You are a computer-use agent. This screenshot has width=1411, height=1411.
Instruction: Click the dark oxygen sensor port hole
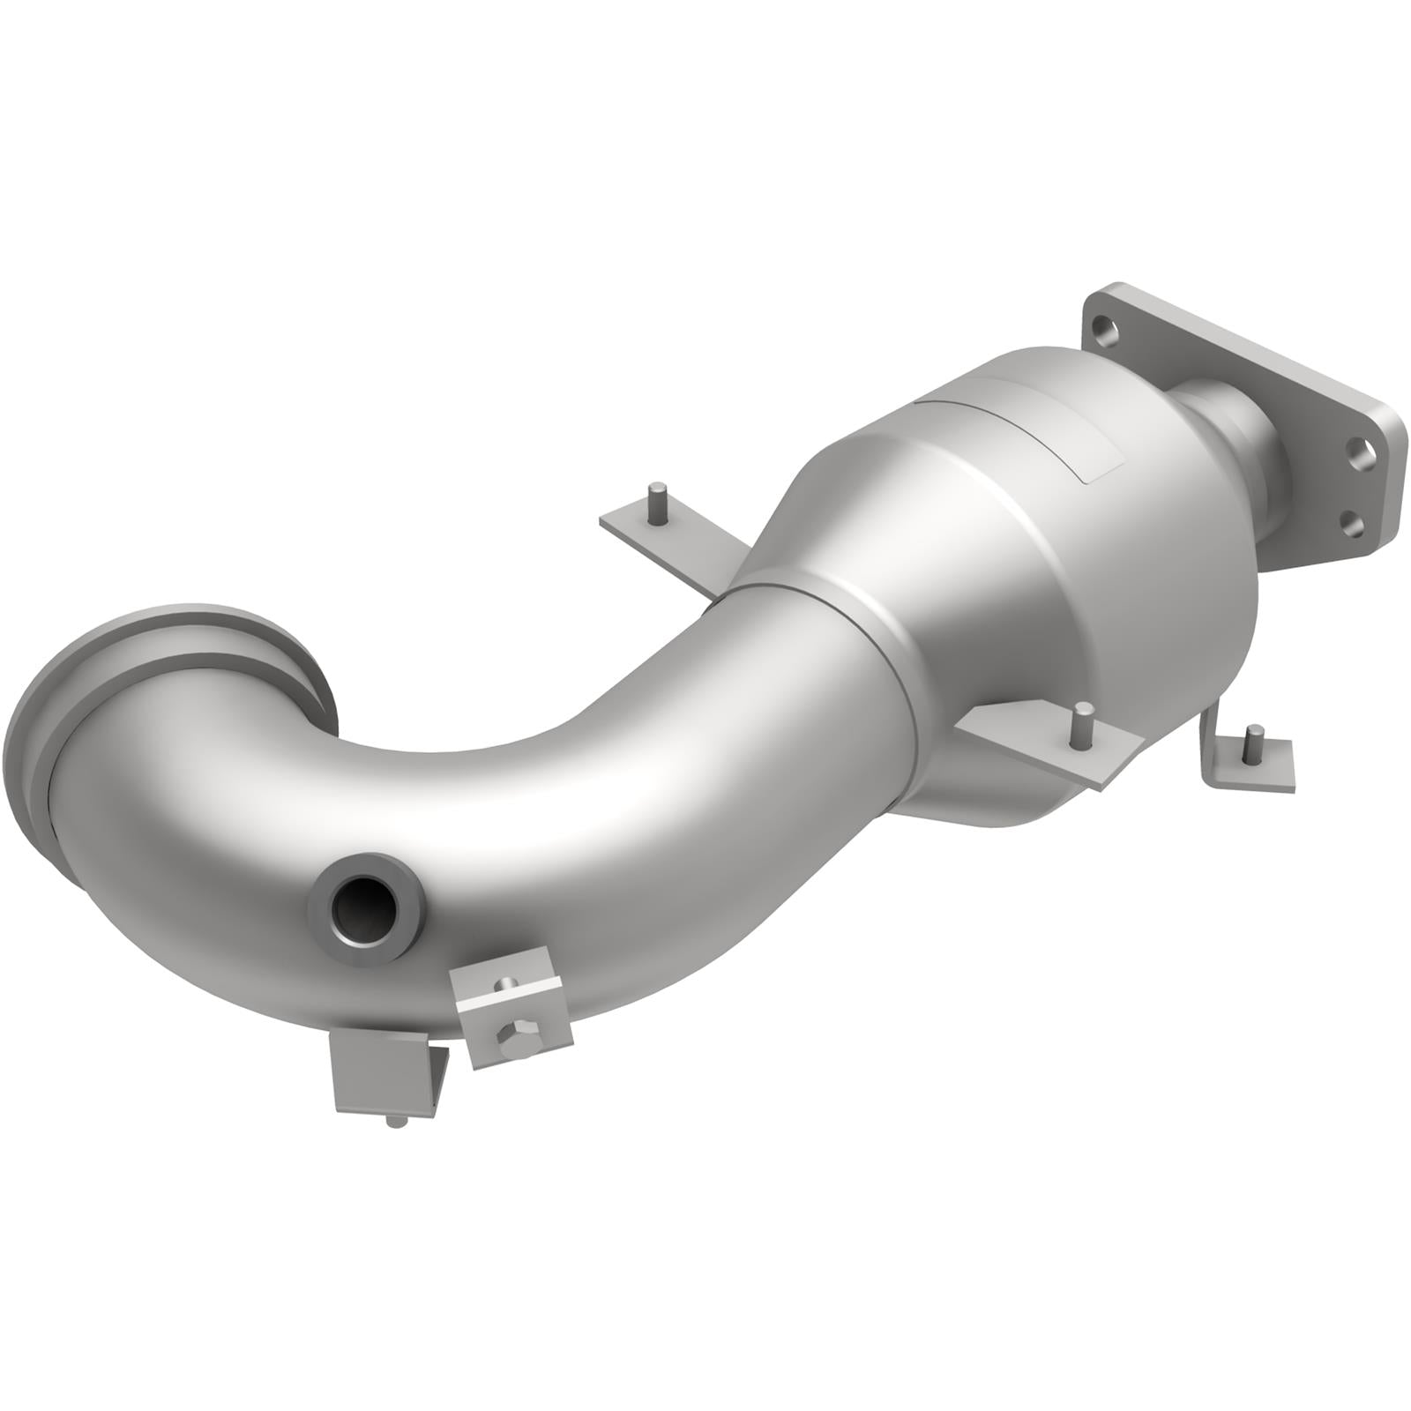362,908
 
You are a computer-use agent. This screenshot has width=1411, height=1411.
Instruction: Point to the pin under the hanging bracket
397,1122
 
